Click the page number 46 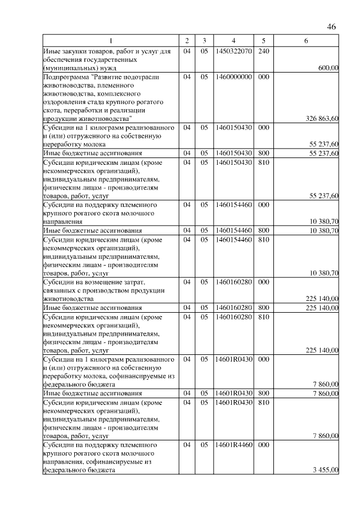pos(331,27)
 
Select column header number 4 pos(233,41)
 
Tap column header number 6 pos(306,41)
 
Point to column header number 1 pos(111,41)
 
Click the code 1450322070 pos(233,51)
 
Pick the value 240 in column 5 pos(263,51)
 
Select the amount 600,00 pos(328,67)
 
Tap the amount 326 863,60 pos(322,119)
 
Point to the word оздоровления pos(64,102)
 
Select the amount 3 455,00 pos(326,470)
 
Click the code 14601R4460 pos(233,445)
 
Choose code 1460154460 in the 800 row pos(233,231)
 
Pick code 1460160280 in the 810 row pos(233,317)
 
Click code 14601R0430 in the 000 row pos(233,359)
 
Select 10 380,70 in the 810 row pos(323,273)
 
